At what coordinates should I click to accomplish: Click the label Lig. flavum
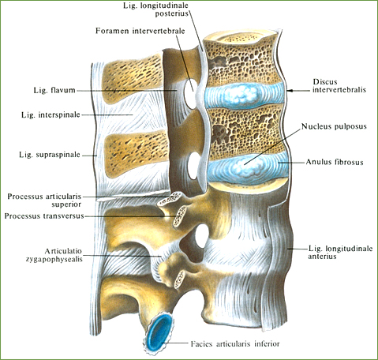click(54, 90)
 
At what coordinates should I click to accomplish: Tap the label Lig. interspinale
click(51, 115)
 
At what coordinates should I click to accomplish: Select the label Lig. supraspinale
click(50, 155)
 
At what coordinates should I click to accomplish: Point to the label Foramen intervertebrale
click(140, 31)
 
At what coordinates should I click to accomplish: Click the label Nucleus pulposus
click(334, 126)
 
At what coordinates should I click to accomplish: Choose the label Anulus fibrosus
click(335, 162)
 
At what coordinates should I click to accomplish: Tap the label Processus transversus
click(44, 216)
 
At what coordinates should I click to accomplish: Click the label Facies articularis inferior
click(235, 343)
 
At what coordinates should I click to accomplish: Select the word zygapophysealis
click(54, 259)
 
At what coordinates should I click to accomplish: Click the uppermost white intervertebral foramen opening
click(190, 94)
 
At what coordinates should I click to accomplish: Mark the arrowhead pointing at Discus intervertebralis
click(290, 91)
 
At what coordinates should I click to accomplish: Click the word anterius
click(322, 256)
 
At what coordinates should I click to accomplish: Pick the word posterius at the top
click(171, 13)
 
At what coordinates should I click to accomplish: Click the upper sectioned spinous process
click(132, 79)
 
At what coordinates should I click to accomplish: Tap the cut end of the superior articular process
click(170, 199)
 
